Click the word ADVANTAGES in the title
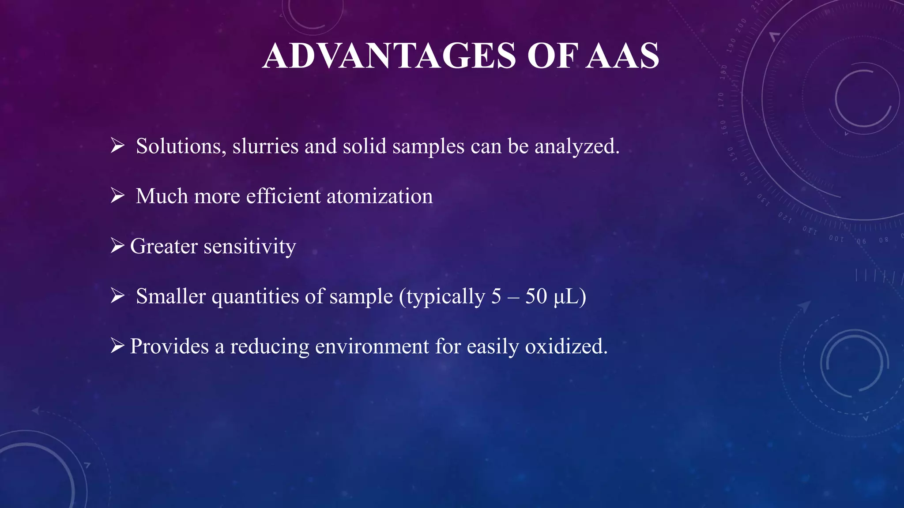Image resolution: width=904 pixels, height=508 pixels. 389,56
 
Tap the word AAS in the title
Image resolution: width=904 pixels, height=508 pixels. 622,56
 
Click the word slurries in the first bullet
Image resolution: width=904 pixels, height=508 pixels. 265,146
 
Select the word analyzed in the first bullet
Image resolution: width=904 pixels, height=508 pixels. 576,146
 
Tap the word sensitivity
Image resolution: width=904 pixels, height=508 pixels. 249,246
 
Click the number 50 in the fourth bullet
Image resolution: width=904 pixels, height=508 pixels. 536,296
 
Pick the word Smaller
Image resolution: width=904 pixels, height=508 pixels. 170,296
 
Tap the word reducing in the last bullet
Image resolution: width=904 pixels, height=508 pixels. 270,347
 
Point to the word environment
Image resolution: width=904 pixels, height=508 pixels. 372,347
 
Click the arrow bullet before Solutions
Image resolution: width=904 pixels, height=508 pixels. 117,145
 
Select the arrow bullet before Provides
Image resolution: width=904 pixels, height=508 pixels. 117,345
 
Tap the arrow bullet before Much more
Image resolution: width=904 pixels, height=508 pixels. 117,195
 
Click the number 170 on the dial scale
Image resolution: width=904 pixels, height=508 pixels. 721,100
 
